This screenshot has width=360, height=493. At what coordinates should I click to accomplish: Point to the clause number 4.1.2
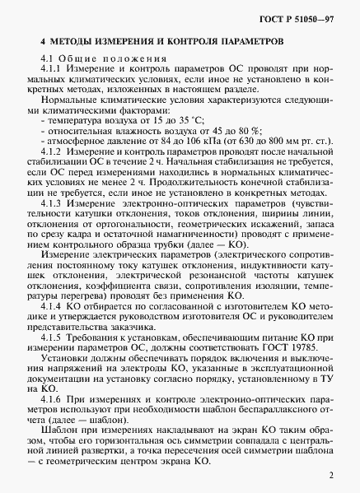pos(51,152)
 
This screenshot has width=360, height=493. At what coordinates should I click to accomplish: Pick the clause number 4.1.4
pos(51,305)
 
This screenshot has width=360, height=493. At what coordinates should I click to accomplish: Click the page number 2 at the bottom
pos(330,475)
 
